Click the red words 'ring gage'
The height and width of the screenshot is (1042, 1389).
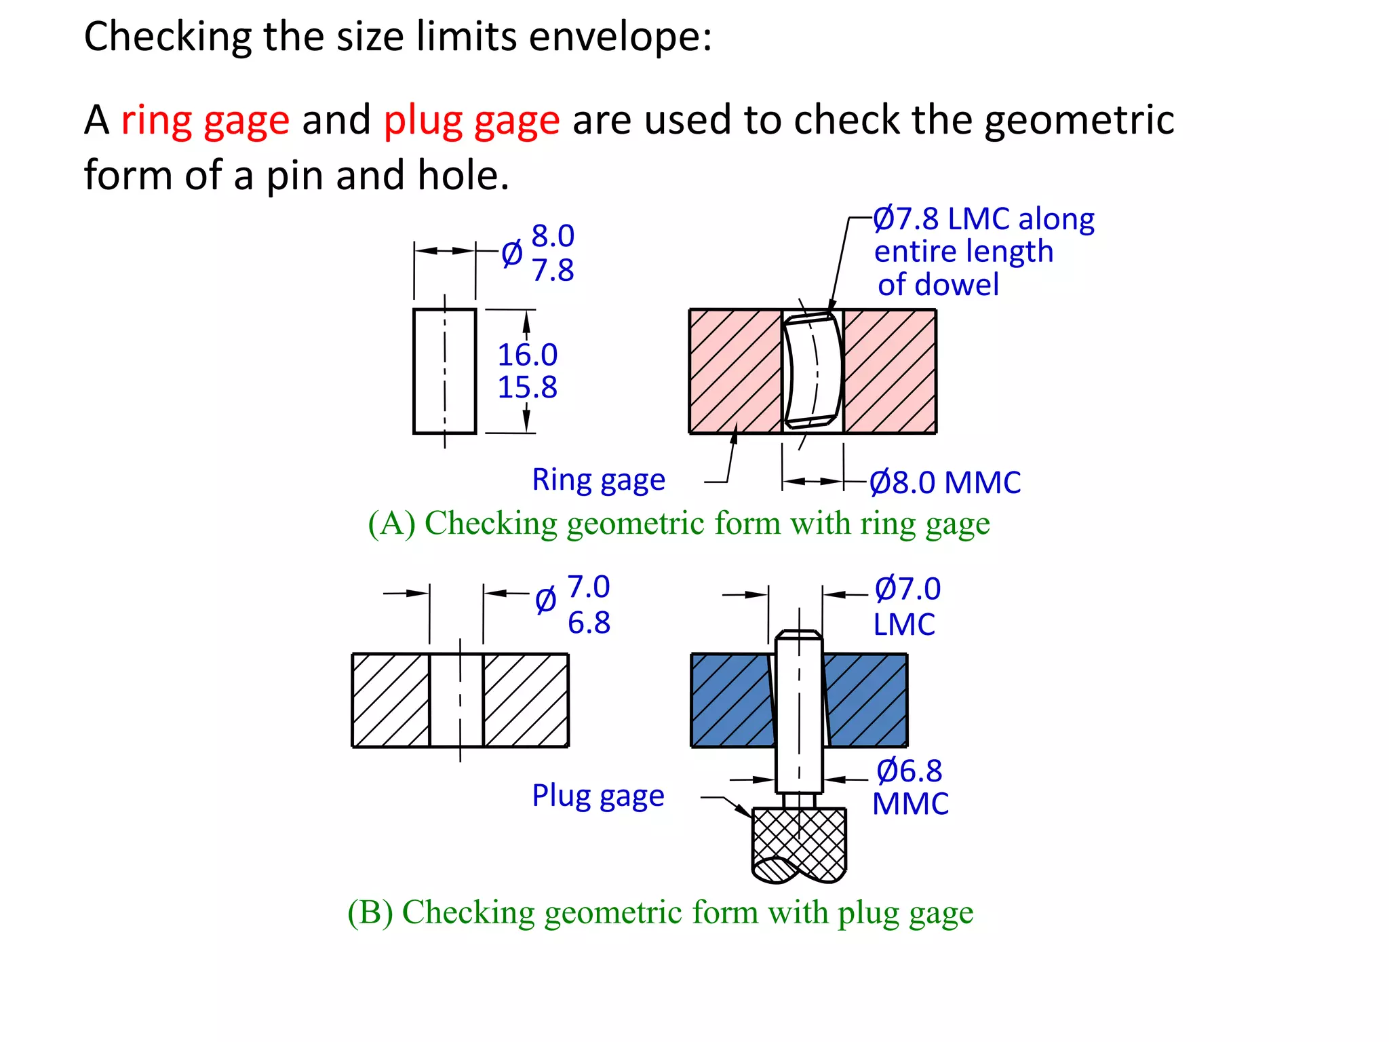tap(205, 121)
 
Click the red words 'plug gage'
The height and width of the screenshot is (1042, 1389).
tap(471, 121)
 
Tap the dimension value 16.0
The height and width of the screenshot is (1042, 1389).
tap(527, 355)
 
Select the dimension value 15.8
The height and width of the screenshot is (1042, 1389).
tap(527, 387)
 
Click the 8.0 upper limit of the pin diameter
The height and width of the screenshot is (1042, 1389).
tap(553, 236)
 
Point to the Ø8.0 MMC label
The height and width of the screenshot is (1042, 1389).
tap(945, 483)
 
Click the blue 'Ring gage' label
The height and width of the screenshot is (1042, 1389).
tap(598, 480)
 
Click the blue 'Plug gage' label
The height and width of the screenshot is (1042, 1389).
tap(598, 796)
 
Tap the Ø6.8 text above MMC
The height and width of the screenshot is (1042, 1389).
tap(909, 771)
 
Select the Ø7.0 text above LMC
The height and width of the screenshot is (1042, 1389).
tap(907, 589)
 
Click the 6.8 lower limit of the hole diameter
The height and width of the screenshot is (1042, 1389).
tap(589, 623)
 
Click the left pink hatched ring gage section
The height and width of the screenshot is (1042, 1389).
tap(735, 372)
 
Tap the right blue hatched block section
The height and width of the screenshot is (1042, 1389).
tap(867, 700)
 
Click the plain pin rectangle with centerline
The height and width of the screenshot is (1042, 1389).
tap(444, 371)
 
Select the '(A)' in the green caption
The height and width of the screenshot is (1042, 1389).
tap(391, 524)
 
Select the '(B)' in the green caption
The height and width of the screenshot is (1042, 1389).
tap(370, 912)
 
